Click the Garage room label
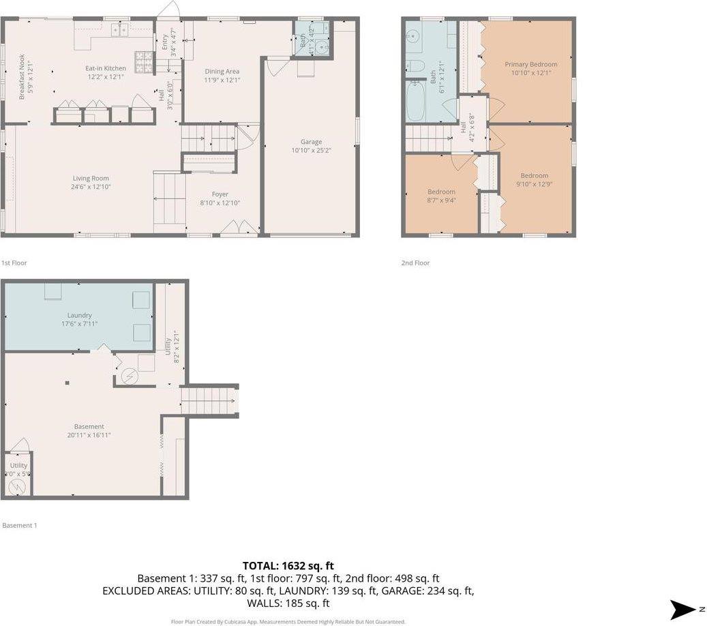point(312,142)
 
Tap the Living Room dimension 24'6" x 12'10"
point(91,187)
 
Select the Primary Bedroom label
point(530,64)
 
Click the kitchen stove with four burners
point(145,63)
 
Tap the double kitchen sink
point(120,30)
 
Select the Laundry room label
point(79,316)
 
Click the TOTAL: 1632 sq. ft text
point(287,565)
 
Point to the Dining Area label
point(222,71)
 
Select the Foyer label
point(220,194)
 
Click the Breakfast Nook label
point(22,76)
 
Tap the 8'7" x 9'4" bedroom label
point(441,192)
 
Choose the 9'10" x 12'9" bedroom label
point(534,176)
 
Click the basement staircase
point(209,400)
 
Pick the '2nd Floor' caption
point(415,263)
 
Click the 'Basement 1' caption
point(19,525)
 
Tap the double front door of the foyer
point(239,228)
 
